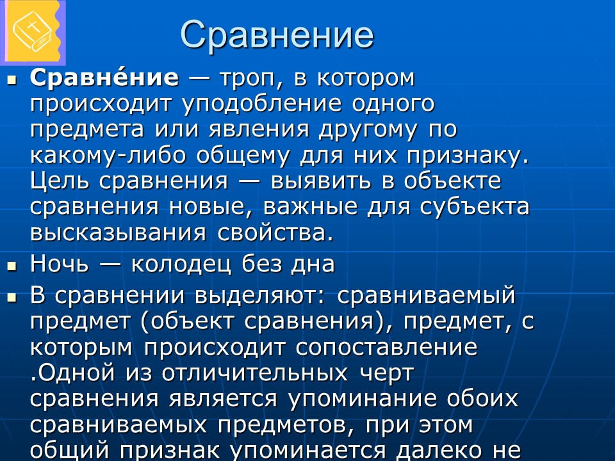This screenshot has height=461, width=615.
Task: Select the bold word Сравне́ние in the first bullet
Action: [x=104, y=78]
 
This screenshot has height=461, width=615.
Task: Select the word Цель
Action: [x=60, y=181]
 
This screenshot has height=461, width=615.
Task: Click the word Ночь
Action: [x=59, y=264]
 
